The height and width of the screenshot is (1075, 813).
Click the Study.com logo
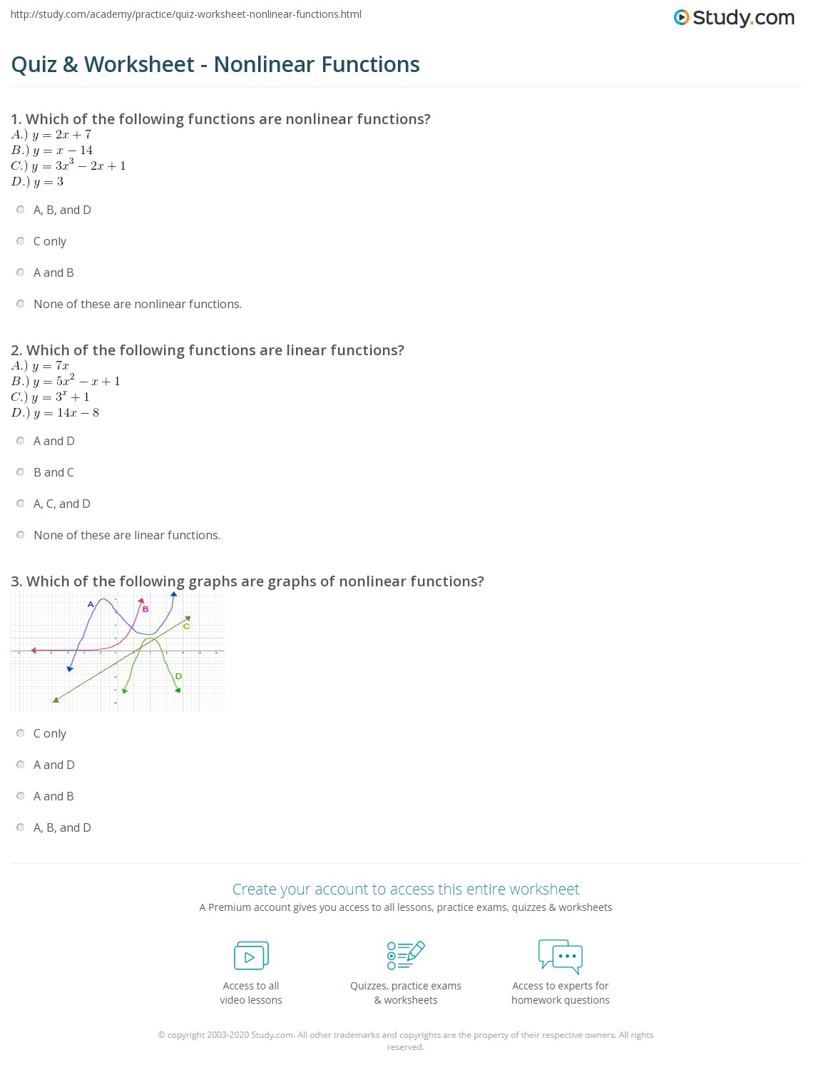pos(734,18)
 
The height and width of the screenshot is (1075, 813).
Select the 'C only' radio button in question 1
pos(21,241)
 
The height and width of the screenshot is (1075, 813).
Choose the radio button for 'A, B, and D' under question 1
pos(21,210)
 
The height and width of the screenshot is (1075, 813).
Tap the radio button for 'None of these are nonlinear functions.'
pos(21,304)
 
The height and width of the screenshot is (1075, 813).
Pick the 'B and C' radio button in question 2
pos(21,472)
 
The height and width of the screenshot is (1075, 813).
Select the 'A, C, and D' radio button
pos(21,504)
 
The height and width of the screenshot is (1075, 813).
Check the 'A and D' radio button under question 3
pos(21,765)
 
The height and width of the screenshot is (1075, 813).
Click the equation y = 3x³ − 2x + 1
pos(78,165)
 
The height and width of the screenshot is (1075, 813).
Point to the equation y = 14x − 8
pos(66,412)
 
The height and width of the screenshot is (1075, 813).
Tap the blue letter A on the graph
pos(91,604)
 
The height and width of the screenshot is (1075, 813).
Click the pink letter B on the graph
pos(145,609)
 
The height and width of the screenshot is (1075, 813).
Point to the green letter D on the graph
pos(178,676)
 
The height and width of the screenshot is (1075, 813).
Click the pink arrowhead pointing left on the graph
pos(34,650)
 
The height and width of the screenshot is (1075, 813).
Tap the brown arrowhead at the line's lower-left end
pos(55,700)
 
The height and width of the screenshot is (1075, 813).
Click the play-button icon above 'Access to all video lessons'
pos(251,956)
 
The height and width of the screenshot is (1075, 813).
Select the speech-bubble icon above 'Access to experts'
pos(561,956)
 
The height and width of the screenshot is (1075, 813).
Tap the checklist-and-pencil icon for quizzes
pos(405,955)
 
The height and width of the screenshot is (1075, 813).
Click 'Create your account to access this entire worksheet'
pos(405,889)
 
